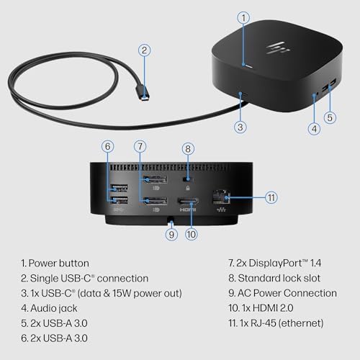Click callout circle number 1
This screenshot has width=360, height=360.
pos(244,16)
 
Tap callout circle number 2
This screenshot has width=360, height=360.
pos(145,50)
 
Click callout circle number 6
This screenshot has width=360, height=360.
pos(109,146)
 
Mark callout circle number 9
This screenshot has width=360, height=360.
pos(171,233)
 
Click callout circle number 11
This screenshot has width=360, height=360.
pos(271,197)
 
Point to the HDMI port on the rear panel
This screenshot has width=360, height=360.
pos(188,201)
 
